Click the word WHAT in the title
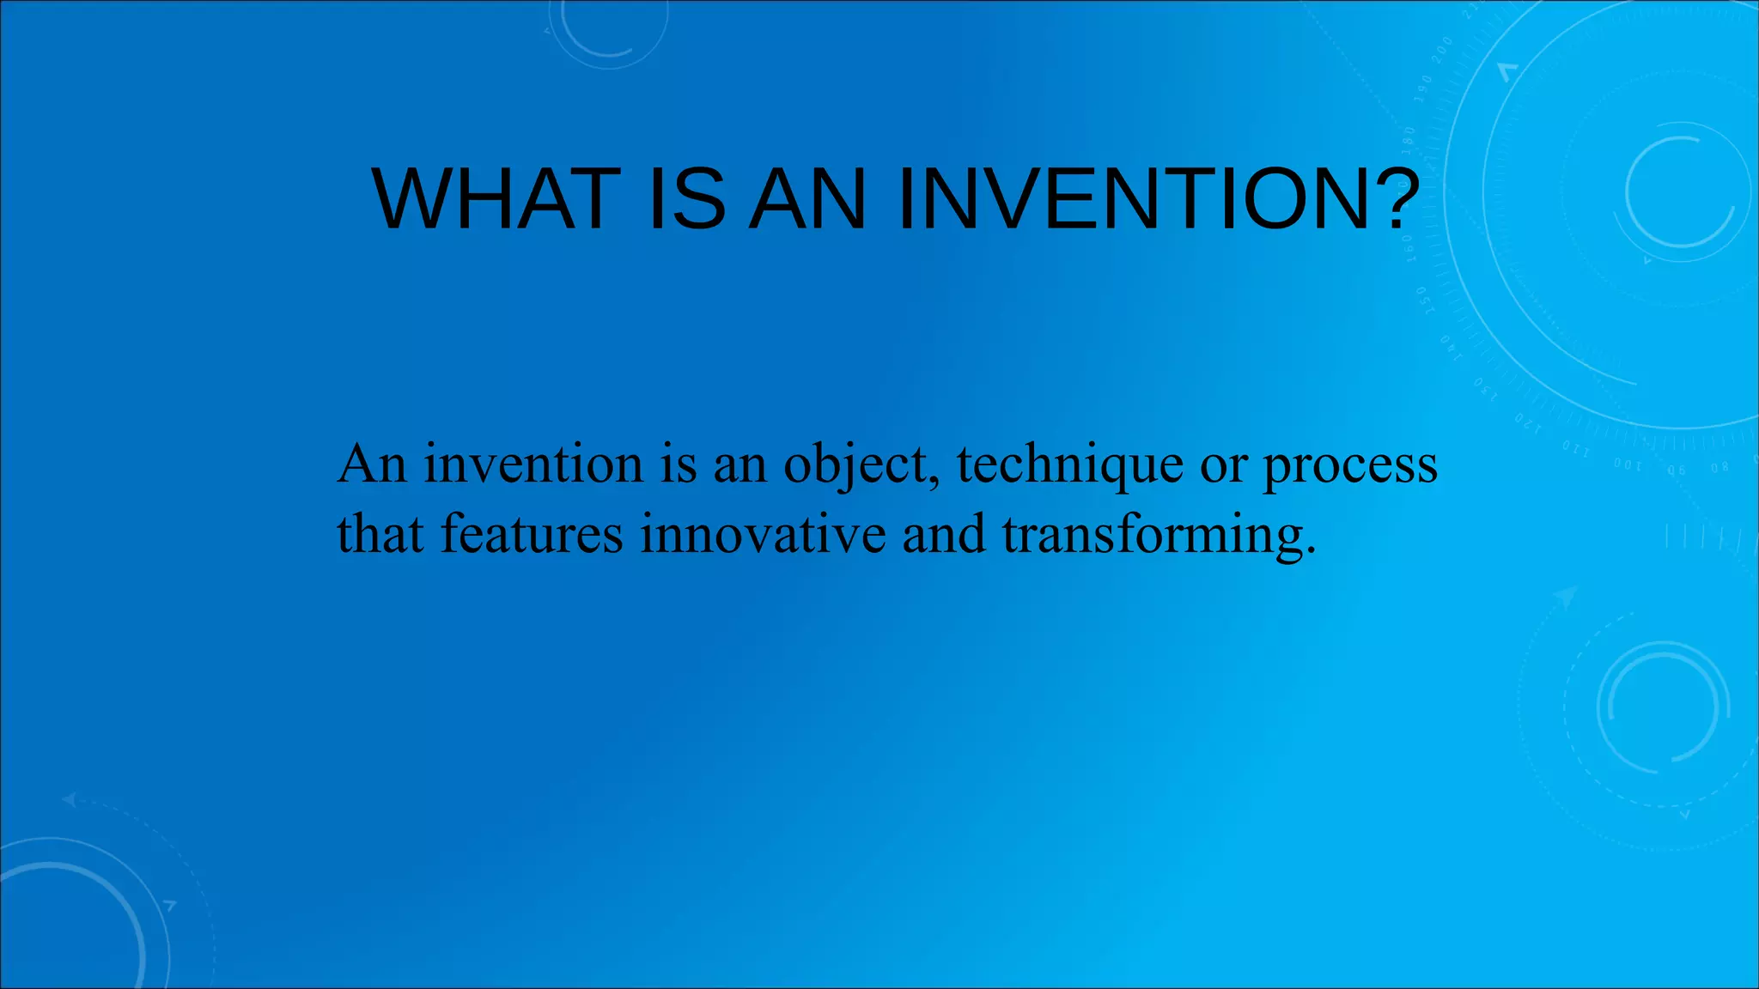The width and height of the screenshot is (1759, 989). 496,199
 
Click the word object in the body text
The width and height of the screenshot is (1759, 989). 854,465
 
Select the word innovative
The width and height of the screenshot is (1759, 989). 763,534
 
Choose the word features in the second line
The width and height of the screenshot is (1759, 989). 532,534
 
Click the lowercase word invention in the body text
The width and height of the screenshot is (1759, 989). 533,465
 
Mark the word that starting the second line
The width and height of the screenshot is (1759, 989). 380,534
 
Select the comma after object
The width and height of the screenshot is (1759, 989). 935,481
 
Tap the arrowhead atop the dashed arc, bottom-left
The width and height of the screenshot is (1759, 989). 69,800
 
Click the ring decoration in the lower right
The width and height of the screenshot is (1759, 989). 1663,707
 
